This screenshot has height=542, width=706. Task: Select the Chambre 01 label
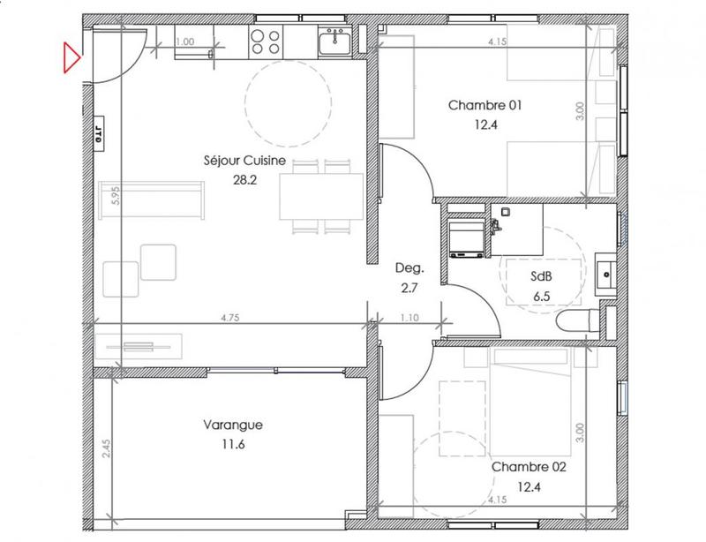[485, 106]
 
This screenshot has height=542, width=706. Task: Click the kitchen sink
[334, 40]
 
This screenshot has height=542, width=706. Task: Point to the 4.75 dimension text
[230, 316]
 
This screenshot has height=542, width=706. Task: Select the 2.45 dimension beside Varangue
[106, 449]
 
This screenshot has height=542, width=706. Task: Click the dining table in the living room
[321, 196]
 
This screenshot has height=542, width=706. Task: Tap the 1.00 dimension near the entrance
[185, 41]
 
